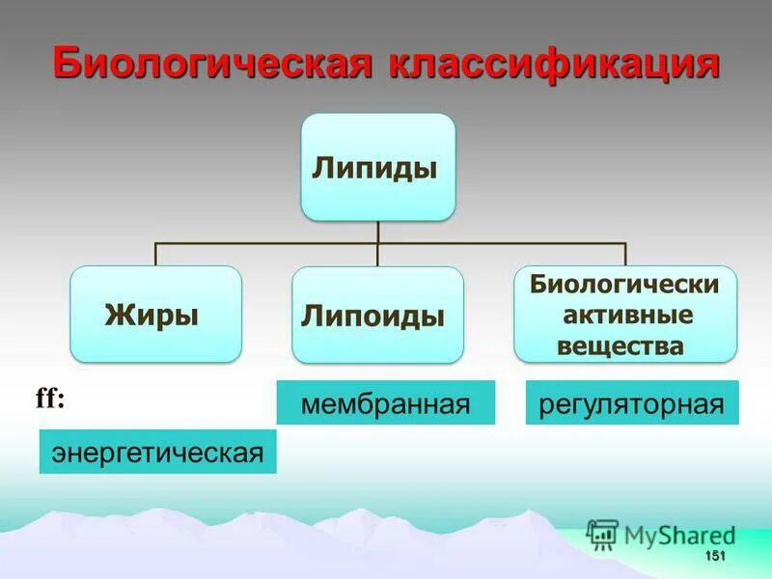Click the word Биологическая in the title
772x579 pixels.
point(214,65)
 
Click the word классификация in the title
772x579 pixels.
point(554,65)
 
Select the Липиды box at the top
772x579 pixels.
point(377,167)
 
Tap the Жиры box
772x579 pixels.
point(155,314)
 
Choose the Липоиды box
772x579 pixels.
point(377,315)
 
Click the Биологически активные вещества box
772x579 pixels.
point(624,315)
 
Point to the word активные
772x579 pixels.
point(625,316)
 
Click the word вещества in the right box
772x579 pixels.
point(620,345)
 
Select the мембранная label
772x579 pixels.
point(385,402)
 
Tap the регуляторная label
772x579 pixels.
point(632,402)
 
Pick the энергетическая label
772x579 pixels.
point(157,452)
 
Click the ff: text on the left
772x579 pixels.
point(50,399)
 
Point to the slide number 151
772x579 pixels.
point(715,557)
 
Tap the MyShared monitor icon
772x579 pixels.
point(602,534)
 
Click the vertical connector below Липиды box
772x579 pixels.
point(377,232)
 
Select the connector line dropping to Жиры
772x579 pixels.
point(155,254)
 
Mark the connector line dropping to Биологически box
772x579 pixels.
point(625,254)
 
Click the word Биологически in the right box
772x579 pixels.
point(625,286)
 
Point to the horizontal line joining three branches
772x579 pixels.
point(270,243)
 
